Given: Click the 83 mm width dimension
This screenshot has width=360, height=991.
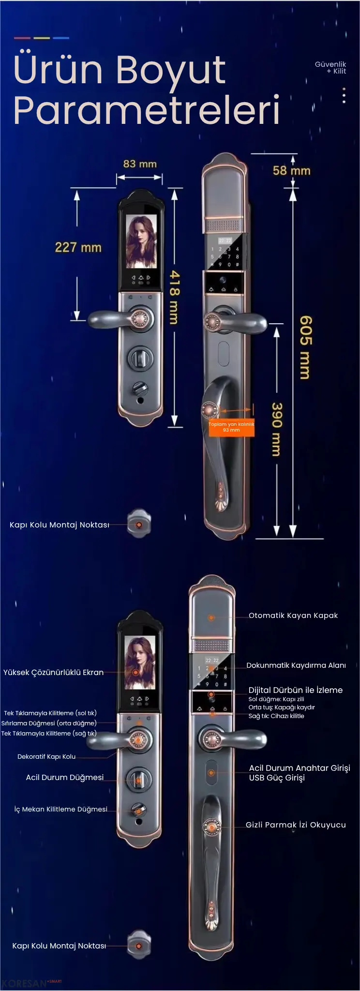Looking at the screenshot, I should [x=140, y=164].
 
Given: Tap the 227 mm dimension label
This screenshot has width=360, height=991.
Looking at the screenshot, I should [x=78, y=248].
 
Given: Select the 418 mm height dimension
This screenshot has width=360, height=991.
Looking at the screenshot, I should [x=174, y=297].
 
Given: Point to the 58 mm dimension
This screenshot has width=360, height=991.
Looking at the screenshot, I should [x=291, y=171].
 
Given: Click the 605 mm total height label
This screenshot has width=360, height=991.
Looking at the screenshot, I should [x=305, y=347].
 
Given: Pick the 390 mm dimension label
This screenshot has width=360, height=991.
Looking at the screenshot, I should [x=276, y=429].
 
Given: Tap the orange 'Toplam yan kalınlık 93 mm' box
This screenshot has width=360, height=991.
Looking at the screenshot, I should [x=231, y=427].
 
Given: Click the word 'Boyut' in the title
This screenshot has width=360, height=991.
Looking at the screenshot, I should [x=170, y=70].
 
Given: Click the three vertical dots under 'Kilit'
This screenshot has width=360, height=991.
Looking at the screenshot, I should [x=344, y=95].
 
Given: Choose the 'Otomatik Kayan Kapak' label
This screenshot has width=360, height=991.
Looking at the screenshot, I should [x=293, y=616].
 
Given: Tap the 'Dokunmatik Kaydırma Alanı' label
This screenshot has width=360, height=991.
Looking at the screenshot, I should [x=296, y=665].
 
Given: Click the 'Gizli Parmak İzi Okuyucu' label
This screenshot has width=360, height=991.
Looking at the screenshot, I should [x=296, y=825].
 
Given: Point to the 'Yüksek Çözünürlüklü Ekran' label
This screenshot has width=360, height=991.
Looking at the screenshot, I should [x=53, y=673].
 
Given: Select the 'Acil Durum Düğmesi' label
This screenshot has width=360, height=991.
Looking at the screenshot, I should [x=65, y=778].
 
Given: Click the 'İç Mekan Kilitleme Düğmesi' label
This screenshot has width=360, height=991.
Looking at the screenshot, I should [x=61, y=809].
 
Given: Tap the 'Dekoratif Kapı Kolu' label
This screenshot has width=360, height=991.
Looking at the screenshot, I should [x=46, y=757].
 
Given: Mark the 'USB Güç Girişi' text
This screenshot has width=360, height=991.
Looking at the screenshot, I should [x=277, y=778].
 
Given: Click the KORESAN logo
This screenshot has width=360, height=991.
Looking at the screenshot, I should [x=24, y=984].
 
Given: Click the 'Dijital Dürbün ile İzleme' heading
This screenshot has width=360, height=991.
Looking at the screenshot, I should [x=296, y=690].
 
